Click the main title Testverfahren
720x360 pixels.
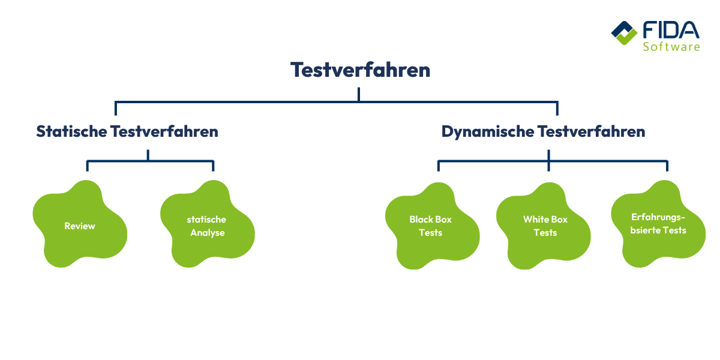point(361,70)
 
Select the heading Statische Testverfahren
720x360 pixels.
point(127,131)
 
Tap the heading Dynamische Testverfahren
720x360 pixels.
point(543,131)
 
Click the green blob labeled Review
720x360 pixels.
point(80,226)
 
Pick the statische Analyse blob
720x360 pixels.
point(207,226)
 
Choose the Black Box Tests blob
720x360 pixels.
point(431,226)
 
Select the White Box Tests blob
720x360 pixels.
point(545,226)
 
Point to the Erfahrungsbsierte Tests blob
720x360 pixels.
point(658,224)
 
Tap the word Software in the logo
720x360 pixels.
point(671,46)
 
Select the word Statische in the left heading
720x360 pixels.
point(71,131)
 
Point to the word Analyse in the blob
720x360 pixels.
point(208,233)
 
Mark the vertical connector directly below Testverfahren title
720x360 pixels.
point(359,94)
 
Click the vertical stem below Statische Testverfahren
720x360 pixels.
point(148,155)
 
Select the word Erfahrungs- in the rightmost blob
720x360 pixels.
point(658,217)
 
